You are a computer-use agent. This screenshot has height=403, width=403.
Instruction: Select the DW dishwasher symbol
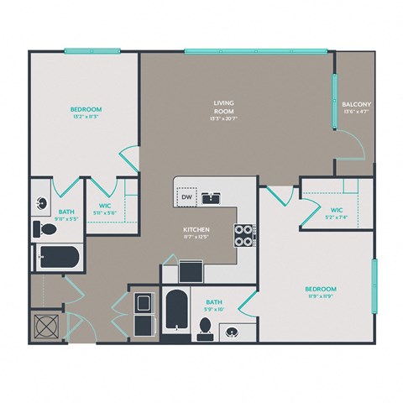tap(187, 196)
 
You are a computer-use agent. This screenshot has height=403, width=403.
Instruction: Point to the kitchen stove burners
tap(243, 236)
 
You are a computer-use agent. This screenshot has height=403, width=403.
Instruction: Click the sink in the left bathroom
tap(43, 202)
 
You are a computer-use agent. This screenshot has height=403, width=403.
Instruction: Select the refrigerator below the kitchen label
tap(191, 272)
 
